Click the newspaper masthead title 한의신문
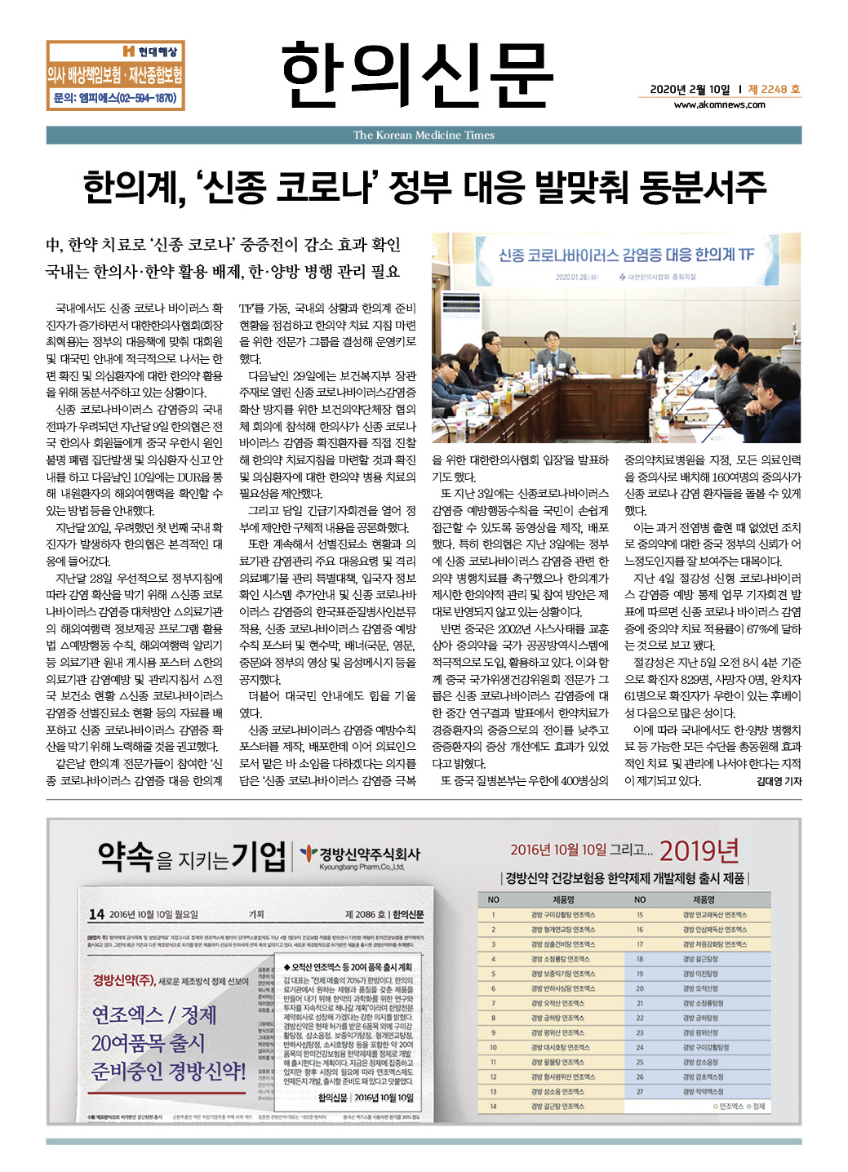point(417,75)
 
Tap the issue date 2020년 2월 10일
point(690,90)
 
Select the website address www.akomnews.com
point(719,104)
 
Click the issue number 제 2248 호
point(774,90)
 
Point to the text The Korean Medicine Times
point(424,135)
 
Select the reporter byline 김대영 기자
point(779,781)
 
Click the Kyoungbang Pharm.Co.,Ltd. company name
point(362,868)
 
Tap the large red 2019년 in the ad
point(699,850)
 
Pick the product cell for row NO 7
point(557,1003)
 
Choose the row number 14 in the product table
point(493,1106)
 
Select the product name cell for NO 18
point(700,959)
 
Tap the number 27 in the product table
point(640,1091)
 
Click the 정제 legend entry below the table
point(758,1107)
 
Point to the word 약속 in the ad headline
point(126,855)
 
